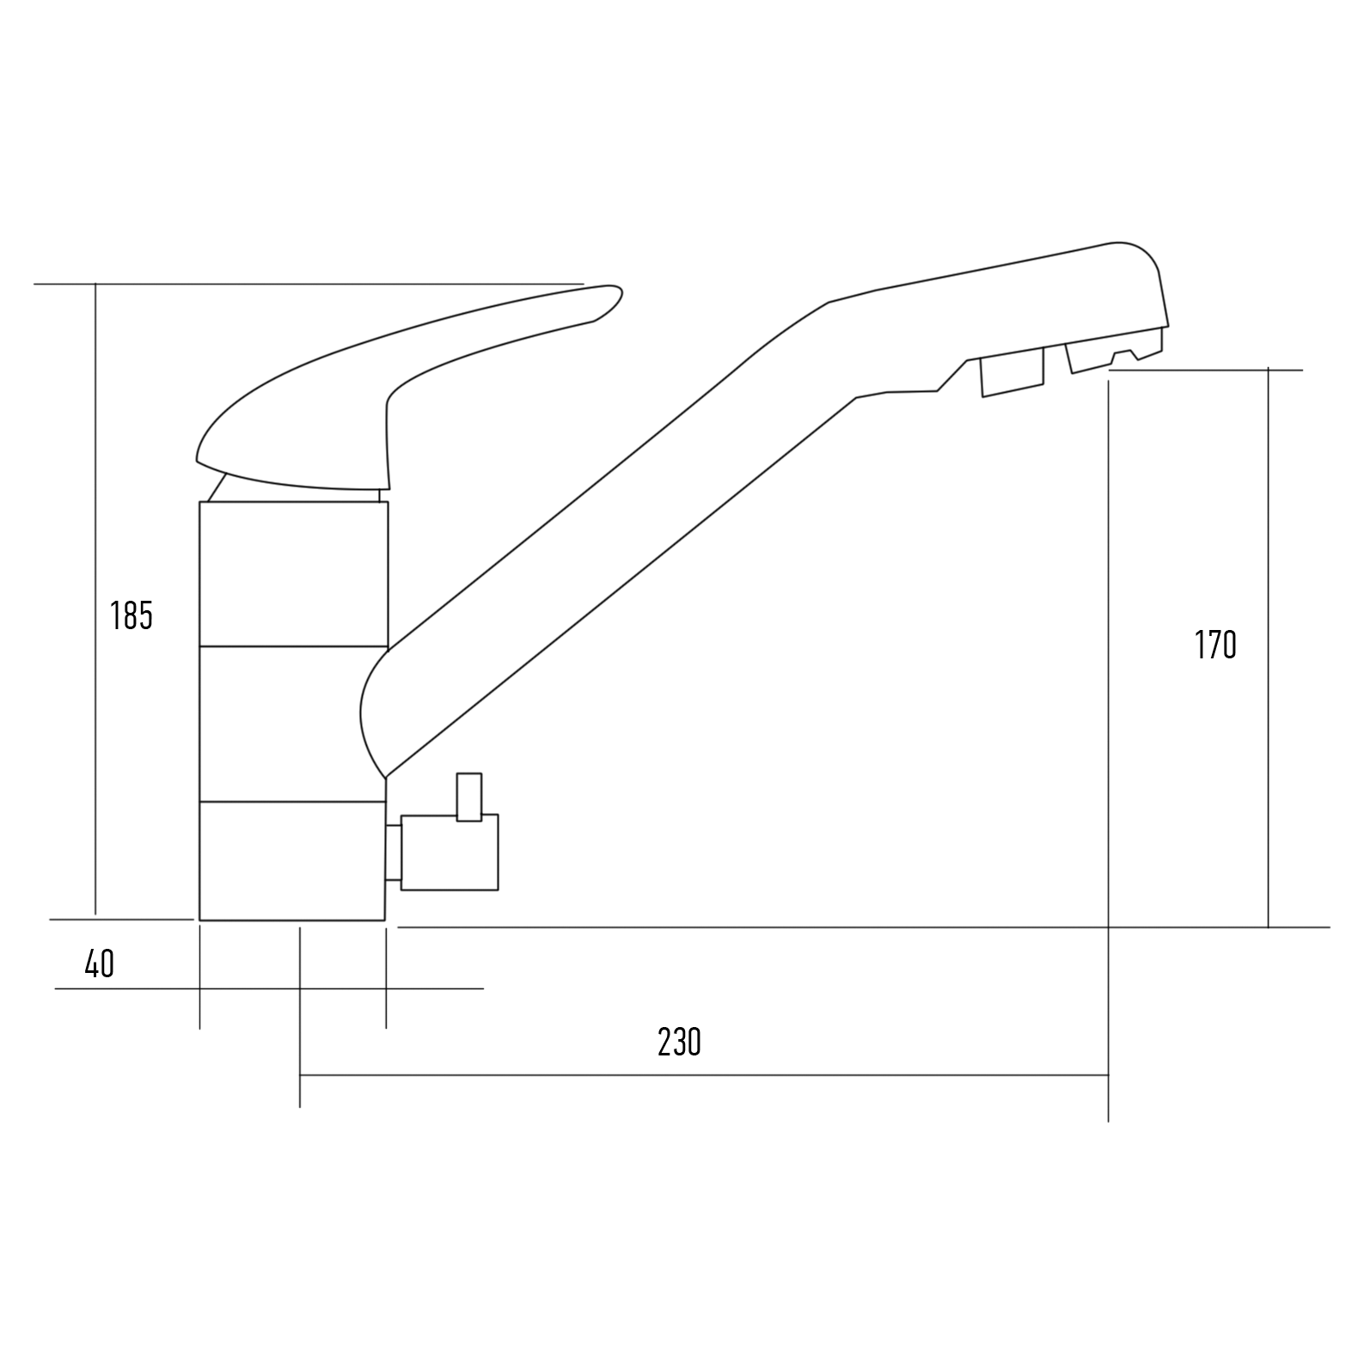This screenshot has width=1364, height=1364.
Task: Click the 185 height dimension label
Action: (x=132, y=615)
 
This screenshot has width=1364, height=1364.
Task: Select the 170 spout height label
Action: (x=1215, y=645)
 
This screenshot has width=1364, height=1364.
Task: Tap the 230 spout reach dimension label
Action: (x=679, y=1042)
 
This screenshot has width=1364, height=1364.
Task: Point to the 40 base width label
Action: (x=99, y=964)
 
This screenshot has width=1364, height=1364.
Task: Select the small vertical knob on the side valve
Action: (x=468, y=797)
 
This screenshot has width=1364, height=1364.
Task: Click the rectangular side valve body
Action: (x=450, y=853)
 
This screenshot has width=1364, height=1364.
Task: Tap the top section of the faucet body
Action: (x=293, y=573)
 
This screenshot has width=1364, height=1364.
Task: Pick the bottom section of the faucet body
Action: (x=292, y=861)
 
